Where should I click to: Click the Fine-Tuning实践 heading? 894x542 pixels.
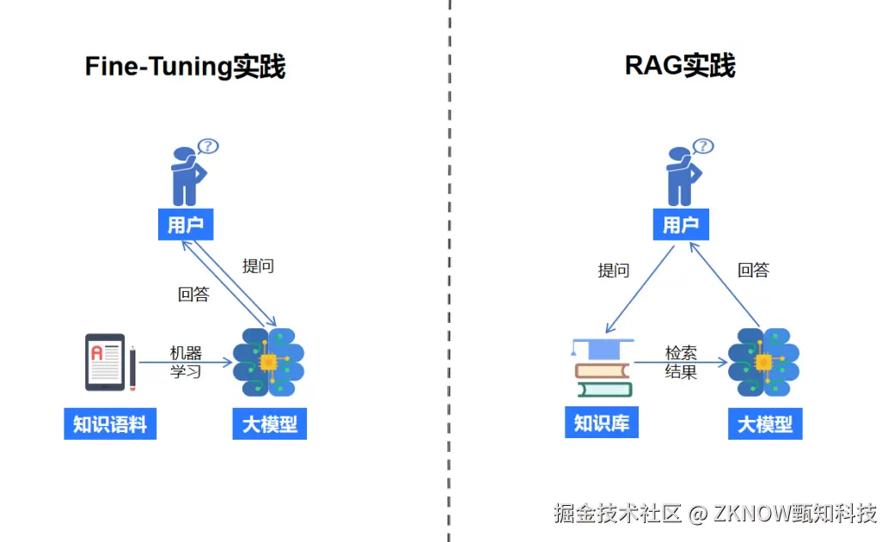[x=185, y=67]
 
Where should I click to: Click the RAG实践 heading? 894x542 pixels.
[x=679, y=66]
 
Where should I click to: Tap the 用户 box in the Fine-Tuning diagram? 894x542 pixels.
[x=186, y=225]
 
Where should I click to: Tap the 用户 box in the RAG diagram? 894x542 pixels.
[x=681, y=225]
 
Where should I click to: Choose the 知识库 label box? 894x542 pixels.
[x=602, y=423]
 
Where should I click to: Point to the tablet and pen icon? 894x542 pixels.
[x=110, y=362]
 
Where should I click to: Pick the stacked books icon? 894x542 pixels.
[x=603, y=368]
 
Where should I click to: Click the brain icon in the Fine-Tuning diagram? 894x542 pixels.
[x=268, y=362]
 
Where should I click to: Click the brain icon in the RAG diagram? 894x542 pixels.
[x=763, y=362]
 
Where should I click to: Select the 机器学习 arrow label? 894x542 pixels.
[x=185, y=362]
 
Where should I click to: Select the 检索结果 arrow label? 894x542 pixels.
[x=681, y=362]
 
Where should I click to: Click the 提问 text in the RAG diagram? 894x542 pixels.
[x=614, y=271]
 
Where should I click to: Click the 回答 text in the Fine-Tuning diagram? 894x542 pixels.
[x=193, y=294]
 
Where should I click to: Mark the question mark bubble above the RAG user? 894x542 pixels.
[x=703, y=146]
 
